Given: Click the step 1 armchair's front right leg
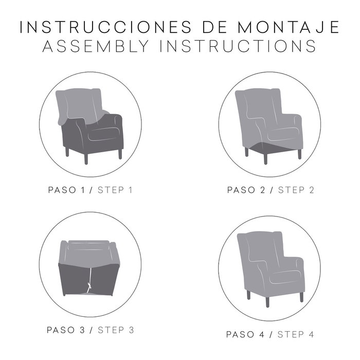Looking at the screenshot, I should coord(120,153).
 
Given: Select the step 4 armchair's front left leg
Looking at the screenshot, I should coord(248,295).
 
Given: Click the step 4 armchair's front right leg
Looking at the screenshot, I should coord(300,296).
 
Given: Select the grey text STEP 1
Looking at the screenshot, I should coord(115,190).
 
